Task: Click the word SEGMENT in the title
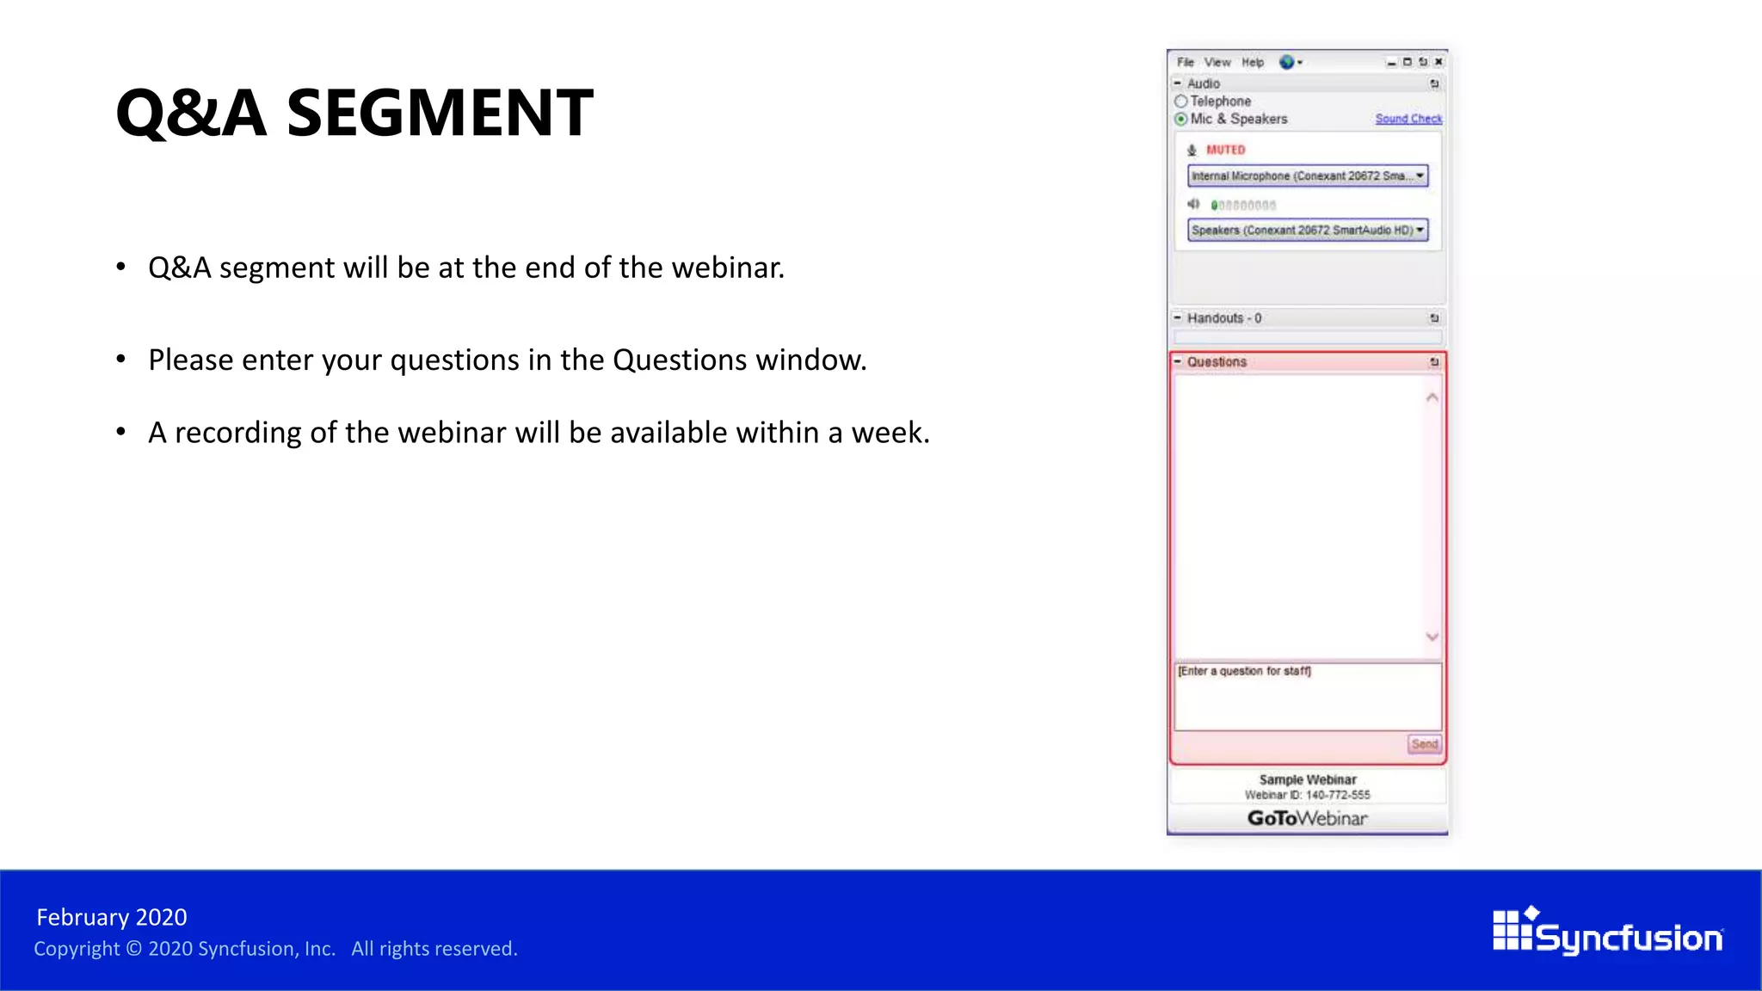(x=439, y=113)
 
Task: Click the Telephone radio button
(x=1181, y=102)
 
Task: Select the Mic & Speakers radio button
(x=1181, y=119)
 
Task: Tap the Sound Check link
(x=1408, y=119)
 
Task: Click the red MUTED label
(x=1225, y=150)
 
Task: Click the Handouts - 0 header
(x=1223, y=318)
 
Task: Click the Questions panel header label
(x=1217, y=362)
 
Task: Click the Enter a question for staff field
(x=1307, y=695)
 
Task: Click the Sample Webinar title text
(x=1307, y=779)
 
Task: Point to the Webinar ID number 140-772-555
(x=1337, y=795)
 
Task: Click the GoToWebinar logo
(x=1307, y=818)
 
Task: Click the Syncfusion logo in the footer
(x=1607, y=933)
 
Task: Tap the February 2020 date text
(x=112, y=917)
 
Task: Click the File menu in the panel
(x=1185, y=62)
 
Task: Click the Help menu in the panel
(x=1252, y=62)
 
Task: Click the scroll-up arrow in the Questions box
(x=1432, y=397)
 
